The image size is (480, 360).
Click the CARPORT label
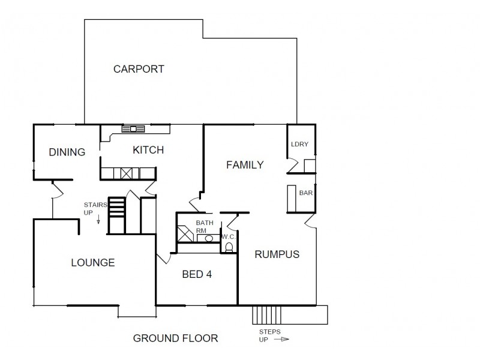coord(139,69)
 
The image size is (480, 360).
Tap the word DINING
coord(67,152)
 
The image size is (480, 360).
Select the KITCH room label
coord(148,150)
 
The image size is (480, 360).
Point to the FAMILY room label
coord(244,165)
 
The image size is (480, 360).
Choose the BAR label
coord(305,193)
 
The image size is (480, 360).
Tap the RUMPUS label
coord(277,254)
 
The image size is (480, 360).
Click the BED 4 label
coord(197,274)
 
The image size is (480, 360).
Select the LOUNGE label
coord(92,262)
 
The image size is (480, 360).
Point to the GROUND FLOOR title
coord(175,338)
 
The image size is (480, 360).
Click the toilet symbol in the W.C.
coord(229,246)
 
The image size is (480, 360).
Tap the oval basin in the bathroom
coord(209,238)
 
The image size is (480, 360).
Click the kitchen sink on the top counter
coord(133,128)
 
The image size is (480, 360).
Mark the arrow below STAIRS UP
coord(98,221)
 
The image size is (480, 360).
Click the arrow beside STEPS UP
coord(281,339)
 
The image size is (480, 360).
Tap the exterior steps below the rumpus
coord(263,314)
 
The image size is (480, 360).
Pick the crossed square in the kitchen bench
coord(127,174)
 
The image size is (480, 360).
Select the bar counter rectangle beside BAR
coord(292,199)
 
